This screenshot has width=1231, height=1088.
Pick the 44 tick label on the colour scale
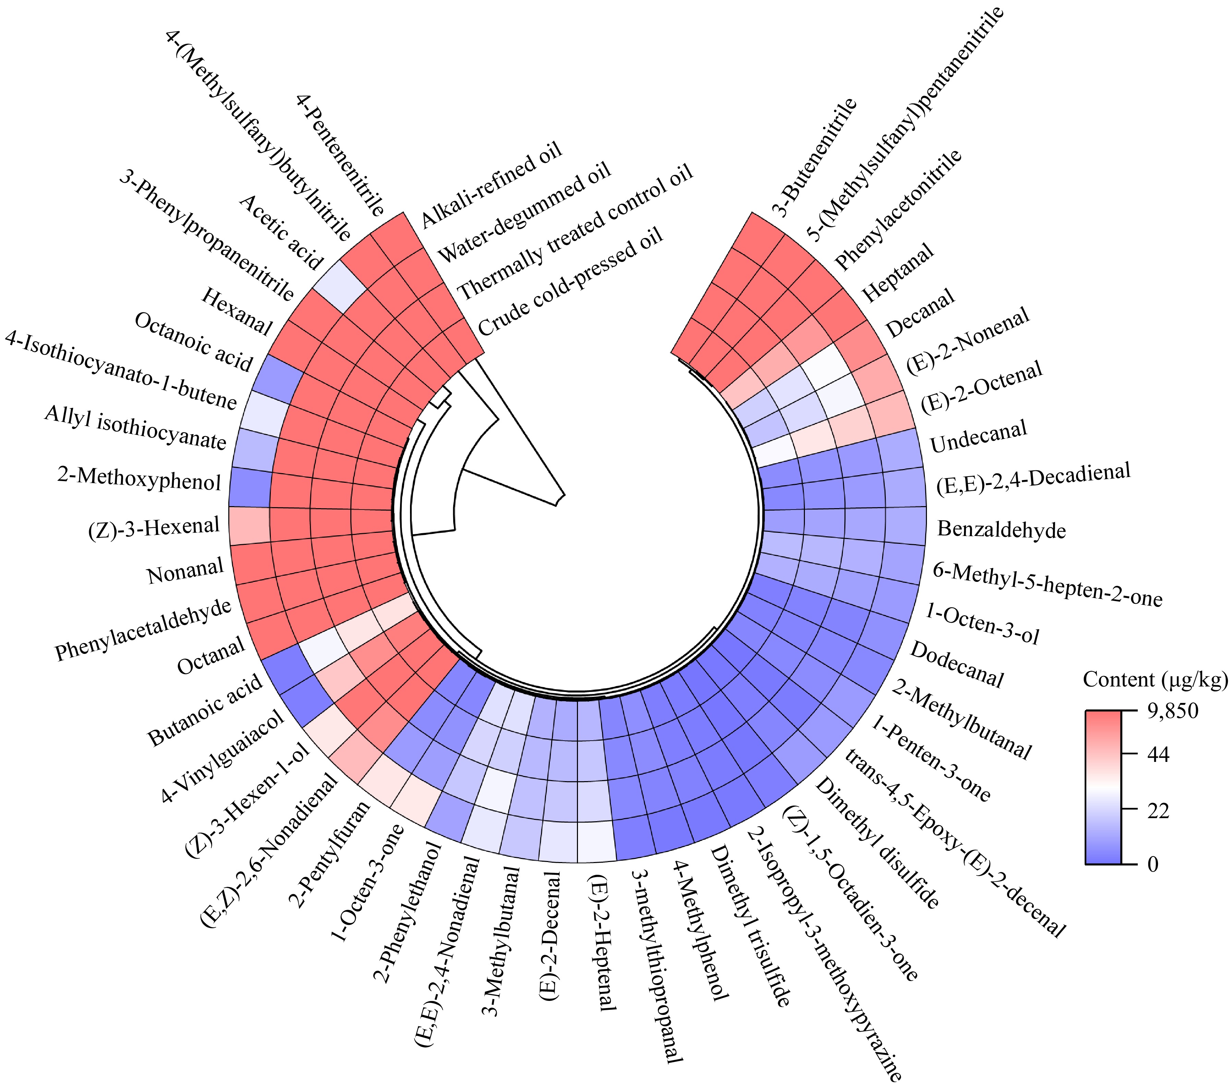[x=1158, y=754]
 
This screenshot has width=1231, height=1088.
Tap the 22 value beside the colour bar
[x=1158, y=811]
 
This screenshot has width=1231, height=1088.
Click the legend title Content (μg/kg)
[x=1155, y=680]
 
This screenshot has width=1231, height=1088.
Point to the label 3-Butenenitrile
[x=814, y=157]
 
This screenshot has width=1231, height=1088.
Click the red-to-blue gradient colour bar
[x=1103, y=787]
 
